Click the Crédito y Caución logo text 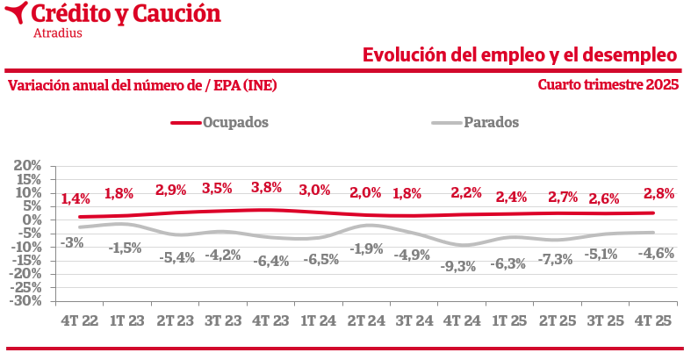[126, 14]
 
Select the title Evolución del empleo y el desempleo [520, 55]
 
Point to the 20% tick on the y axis [28, 165]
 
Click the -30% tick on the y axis [26, 300]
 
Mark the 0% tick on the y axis [32, 220]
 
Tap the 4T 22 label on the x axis [79, 321]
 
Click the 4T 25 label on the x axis [652, 321]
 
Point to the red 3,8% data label [266, 187]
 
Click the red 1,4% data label [76, 199]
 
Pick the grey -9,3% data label [457, 265]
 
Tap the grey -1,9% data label [366, 248]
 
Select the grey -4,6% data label [656, 253]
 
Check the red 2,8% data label [658, 193]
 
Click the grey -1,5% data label [125, 248]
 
